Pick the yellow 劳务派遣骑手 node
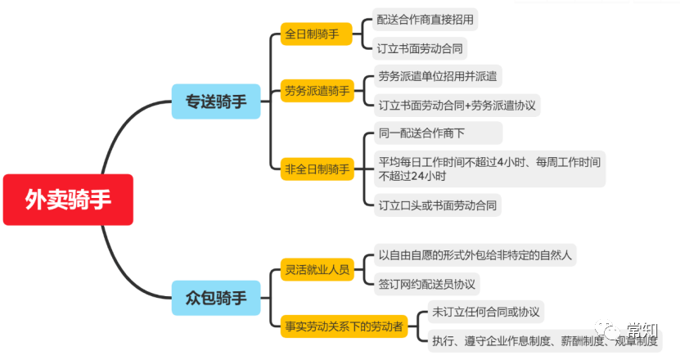pos(316,90)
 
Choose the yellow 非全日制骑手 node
pos(316,169)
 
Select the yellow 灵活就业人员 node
pos(316,268)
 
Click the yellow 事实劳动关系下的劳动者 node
pos(343,325)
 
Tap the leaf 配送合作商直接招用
pos(425,19)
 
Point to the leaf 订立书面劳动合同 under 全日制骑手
pos(420,48)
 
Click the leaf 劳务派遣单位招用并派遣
pos(438,77)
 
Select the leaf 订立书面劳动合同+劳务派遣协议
pos(457,105)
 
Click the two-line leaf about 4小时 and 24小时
pos(489,169)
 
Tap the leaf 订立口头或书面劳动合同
pos(435,205)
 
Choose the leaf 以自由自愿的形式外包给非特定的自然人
pos(475,254)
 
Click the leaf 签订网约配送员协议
pos(426,283)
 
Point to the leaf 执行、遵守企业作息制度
pos(540,340)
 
